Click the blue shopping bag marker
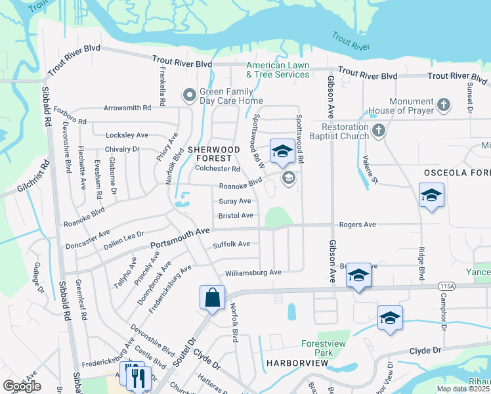213,298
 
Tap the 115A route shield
447,286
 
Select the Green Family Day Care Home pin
190,96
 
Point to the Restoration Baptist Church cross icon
378,131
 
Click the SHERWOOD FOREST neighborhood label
209,154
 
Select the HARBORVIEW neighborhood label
292,362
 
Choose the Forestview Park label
317,348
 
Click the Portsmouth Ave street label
179,238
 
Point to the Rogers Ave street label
357,225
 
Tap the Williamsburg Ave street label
253,272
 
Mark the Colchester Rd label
218,169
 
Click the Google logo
22,386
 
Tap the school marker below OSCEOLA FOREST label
431,196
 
